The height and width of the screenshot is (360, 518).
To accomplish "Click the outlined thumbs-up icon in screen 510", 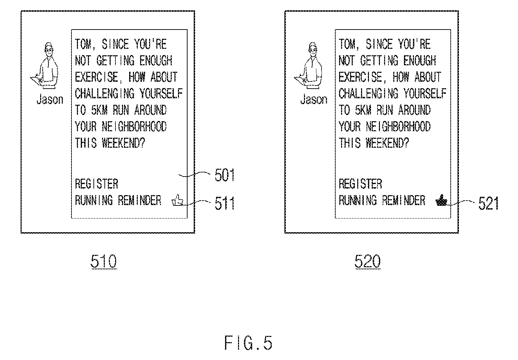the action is [177, 200].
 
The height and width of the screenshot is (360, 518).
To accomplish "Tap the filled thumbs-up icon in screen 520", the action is [441, 200].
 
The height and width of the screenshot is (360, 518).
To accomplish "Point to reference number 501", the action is [225, 175].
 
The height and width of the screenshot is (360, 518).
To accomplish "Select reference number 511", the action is [225, 203].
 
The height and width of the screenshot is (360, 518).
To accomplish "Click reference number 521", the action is [488, 203].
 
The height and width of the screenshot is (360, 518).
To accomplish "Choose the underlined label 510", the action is [104, 261].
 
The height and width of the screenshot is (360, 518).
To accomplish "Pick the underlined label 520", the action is [368, 261].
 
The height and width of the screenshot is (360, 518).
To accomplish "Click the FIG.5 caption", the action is [248, 343].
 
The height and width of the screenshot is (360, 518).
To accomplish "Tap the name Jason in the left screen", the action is [50, 100].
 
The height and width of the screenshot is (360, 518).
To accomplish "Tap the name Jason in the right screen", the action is [314, 100].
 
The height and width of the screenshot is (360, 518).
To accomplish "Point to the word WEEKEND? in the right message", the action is [387, 143].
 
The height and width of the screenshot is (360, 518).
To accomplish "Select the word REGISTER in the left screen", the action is [97, 184].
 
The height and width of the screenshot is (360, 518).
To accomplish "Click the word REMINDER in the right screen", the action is [404, 200].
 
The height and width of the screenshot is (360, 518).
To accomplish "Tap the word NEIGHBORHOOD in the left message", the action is [134, 126].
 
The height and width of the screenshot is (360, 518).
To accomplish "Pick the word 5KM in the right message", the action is [363, 110].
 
